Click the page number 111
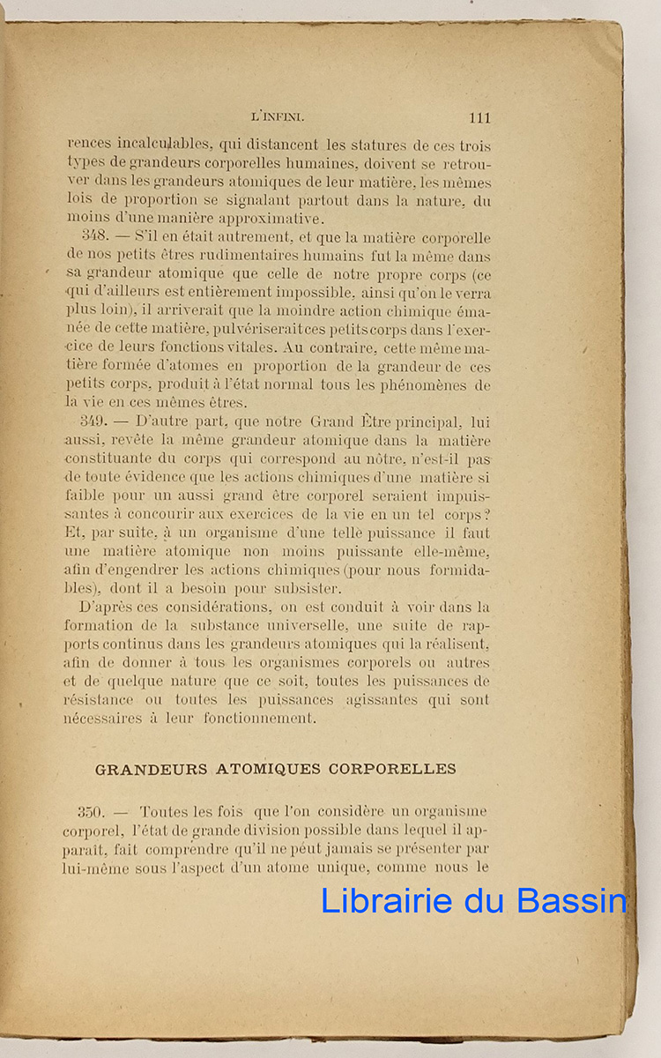click(480, 118)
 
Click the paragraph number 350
click(92, 811)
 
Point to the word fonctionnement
click(256, 719)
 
